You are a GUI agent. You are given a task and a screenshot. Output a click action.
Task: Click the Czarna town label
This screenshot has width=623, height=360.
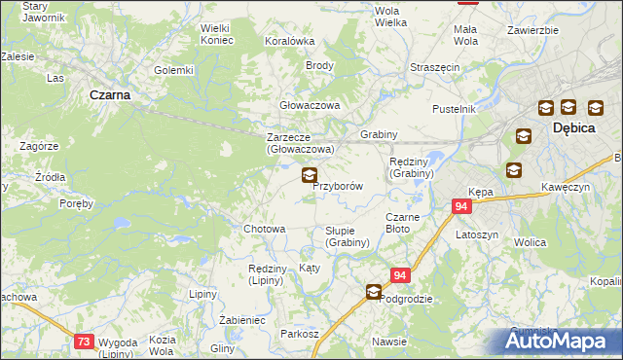coord(110,95)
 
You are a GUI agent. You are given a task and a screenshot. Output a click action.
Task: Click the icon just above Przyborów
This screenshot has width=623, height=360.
coord(309,175)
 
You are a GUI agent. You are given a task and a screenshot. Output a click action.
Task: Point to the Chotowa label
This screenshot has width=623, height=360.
coord(264,229)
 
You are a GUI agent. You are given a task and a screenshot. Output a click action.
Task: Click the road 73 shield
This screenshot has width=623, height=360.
coord(84,341)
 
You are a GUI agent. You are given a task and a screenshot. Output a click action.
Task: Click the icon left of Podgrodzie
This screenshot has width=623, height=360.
coord(373,291)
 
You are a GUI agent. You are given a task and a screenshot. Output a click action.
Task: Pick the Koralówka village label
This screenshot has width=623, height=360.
coord(290,42)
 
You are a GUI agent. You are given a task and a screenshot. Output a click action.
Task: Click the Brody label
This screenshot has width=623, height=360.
coord(320,65)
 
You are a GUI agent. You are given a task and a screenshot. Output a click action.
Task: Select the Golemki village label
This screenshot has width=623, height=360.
coord(174,70)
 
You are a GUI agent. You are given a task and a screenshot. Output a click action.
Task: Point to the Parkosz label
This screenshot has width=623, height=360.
coord(300,334)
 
